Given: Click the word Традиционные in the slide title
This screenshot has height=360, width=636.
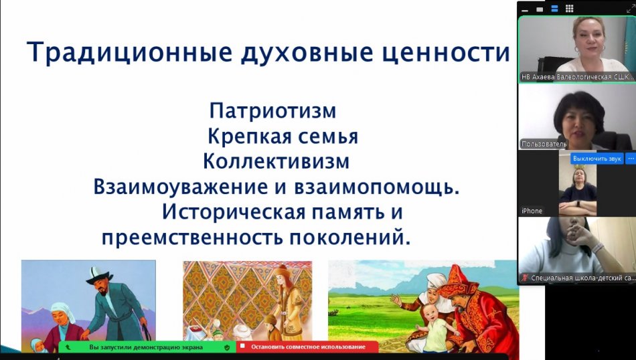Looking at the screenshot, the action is pyautogui.click(x=130, y=53).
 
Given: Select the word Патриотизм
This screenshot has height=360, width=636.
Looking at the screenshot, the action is pyautogui.click(x=272, y=110).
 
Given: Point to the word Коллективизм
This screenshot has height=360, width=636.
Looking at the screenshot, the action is pyautogui.click(x=276, y=161).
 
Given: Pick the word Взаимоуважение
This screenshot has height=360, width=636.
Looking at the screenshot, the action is pyautogui.click(x=180, y=187).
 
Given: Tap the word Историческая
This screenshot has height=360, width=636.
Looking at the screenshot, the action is pyautogui.click(x=233, y=212).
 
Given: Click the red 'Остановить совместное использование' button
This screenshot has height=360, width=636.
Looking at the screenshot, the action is pyautogui.click(x=307, y=347).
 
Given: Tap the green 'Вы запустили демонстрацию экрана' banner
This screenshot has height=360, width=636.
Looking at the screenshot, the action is pyautogui.click(x=147, y=347).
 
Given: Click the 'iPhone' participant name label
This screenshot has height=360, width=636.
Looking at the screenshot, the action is pyautogui.click(x=532, y=211).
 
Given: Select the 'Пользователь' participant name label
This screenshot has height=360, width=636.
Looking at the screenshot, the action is pyautogui.click(x=544, y=144).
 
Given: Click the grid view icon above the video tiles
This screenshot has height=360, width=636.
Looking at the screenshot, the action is pyautogui.click(x=570, y=9).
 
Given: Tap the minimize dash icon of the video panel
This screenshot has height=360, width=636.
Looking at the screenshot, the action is pyautogui.click(x=526, y=10).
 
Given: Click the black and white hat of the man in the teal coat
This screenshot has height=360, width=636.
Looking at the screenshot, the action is pyautogui.click(x=98, y=275).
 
